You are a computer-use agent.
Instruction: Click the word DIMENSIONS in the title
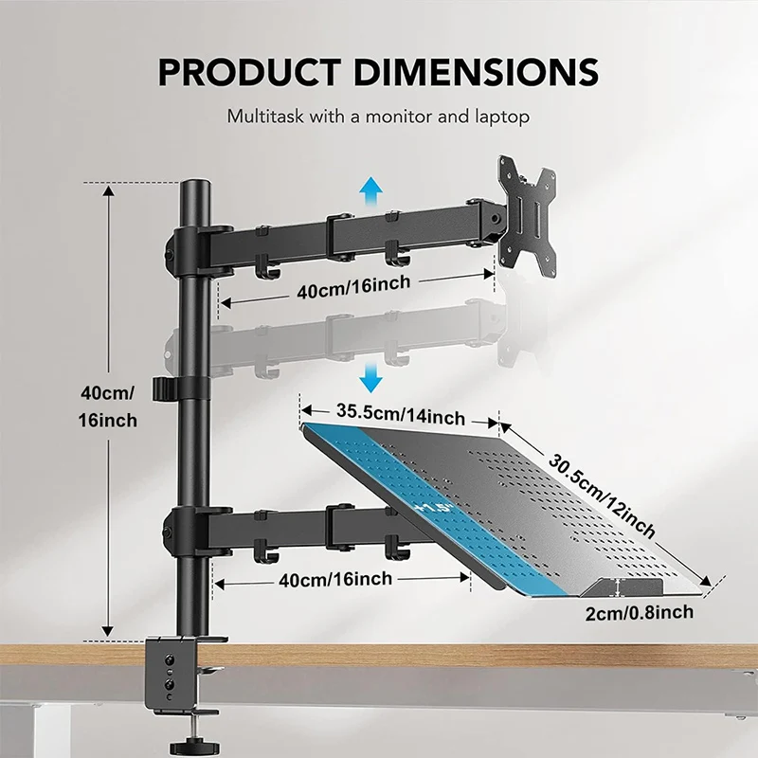point(474,73)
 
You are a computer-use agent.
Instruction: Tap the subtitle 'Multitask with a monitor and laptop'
point(377,117)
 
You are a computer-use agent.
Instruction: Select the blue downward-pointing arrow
point(371,380)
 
